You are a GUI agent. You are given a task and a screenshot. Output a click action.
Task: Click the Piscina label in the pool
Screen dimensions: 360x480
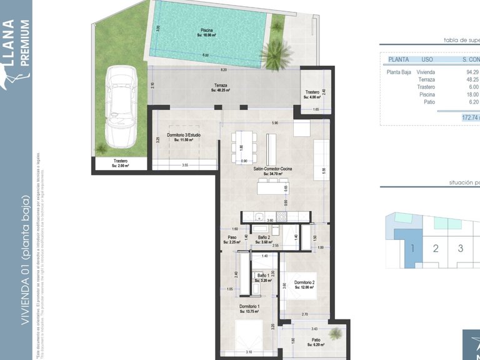pyautogui.click(x=206, y=31)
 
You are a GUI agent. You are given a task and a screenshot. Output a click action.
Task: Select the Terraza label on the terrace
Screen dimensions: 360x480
pyautogui.click(x=220, y=86)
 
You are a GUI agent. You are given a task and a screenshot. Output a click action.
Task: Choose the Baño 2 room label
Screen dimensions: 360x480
pyautogui.click(x=264, y=237)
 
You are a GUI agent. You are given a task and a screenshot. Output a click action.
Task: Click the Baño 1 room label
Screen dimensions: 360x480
pyautogui.click(x=263, y=276)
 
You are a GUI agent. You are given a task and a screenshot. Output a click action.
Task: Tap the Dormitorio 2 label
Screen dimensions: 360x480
pyautogui.click(x=304, y=282)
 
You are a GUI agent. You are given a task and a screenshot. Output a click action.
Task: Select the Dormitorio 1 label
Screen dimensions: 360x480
pyautogui.click(x=250, y=306)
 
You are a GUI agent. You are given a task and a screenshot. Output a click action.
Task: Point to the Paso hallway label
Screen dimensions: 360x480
pyautogui.click(x=232, y=237)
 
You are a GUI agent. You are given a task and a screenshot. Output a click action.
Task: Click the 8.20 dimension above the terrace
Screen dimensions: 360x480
pyautogui.click(x=223, y=69)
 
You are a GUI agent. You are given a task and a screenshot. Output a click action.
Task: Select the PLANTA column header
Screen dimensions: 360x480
pyautogui.click(x=398, y=60)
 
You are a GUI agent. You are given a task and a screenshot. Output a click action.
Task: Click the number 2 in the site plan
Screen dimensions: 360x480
pyautogui.click(x=436, y=248)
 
